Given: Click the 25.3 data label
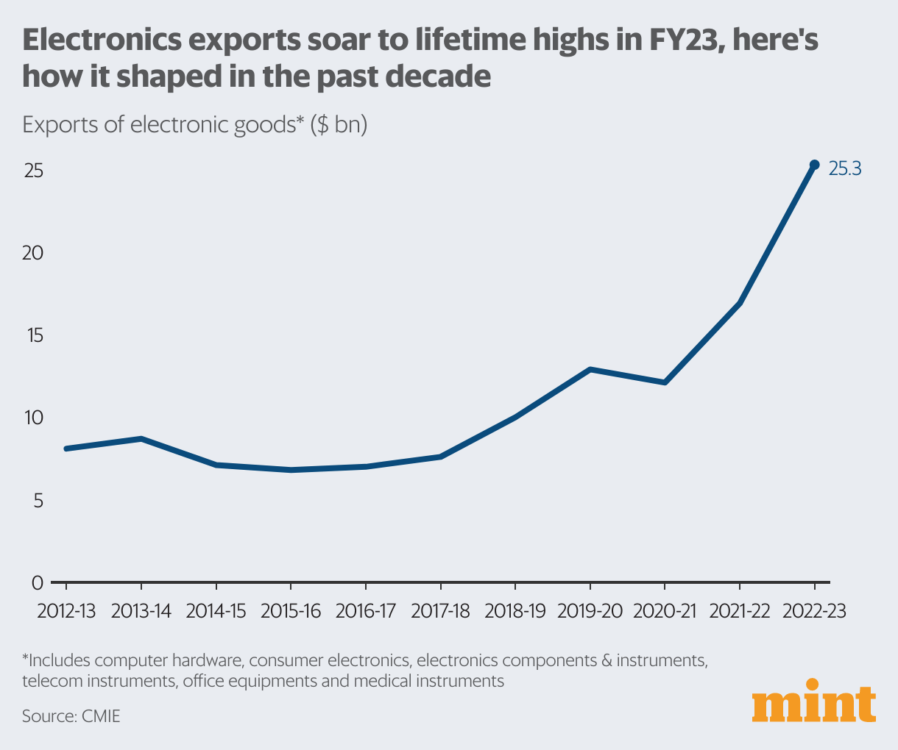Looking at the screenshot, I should [x=845, y=169].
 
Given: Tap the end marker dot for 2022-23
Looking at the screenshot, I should [x=814, y=165].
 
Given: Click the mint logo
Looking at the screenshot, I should [x=814, y=705].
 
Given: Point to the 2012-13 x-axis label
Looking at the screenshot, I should [x=66, y=611].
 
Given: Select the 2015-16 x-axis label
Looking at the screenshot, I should [x=291, y=611].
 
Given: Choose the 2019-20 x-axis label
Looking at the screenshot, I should [x=590, y=611].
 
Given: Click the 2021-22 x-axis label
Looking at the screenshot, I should [x=739, y=611].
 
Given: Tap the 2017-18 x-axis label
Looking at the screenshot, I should [x=440, y=611].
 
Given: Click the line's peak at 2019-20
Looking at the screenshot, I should [x=590, y=369].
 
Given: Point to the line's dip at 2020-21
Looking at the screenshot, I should [x=665, y=382].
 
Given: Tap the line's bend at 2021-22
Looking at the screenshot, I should [x=739, y=303].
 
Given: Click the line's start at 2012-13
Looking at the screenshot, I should [x=67, y=449].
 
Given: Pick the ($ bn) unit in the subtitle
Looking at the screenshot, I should [x=339, y=125].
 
